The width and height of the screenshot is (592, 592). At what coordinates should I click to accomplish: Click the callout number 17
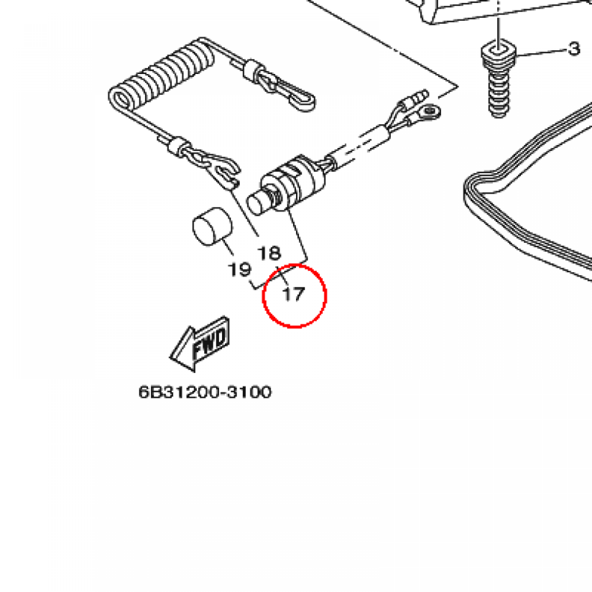click(x=293, y=294)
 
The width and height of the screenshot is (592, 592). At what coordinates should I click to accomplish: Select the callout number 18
click(x=269, y=253)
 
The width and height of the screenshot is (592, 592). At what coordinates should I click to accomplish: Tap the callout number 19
click(x=240, y=269)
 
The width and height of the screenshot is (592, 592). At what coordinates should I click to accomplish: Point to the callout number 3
click(x=574, y=49)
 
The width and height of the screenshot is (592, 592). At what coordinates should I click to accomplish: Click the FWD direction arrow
click(x=200, y=343)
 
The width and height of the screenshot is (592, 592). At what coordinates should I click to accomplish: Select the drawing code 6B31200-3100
click(x=205, y=392)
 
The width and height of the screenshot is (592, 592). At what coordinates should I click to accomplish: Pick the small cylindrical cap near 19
click(x=213, y=227)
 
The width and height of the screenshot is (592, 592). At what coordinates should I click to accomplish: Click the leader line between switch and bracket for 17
click(x=298, y=234)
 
